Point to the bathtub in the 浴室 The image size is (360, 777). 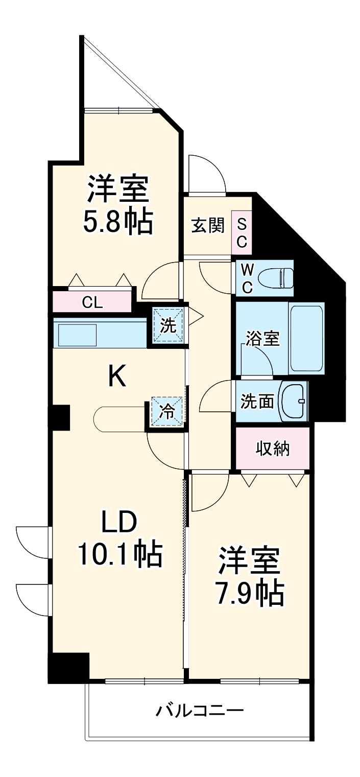coord(306,338)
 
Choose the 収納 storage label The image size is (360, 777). coord(273,449)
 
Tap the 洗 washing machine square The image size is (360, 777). coord(169,326)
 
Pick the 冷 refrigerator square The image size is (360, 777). coord(167,411)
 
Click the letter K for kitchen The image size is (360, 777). coord(117,378)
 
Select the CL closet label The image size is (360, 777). coord(93,302)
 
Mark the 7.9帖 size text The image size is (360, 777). coord(250,591)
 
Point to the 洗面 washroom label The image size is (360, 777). coord(258,402)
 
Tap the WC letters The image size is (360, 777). coord(247,278)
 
